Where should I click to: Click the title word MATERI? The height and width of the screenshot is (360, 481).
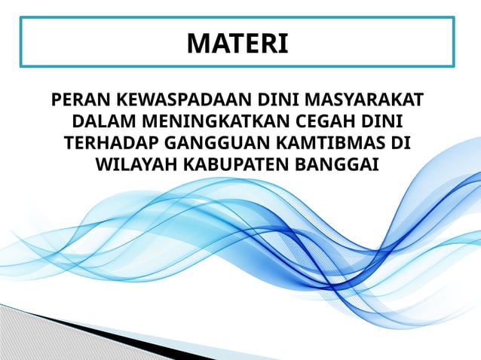click(x=237, y=43)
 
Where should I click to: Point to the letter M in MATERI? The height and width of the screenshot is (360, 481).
click(x=198, y=43)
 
